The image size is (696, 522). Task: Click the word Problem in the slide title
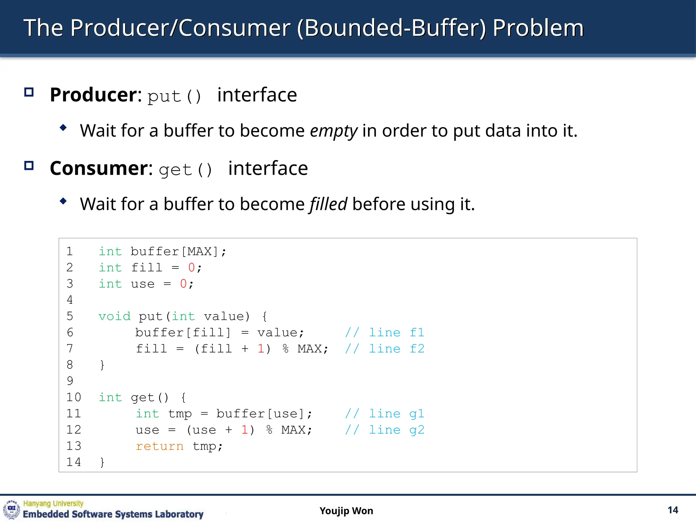click(538, 28)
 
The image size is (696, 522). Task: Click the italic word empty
click(333, 131)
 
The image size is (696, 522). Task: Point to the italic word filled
click(328, 204)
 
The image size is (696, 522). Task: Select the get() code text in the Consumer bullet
click(186, 170)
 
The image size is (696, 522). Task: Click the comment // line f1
click(384, 332)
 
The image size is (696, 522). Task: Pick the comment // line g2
click(384, 430)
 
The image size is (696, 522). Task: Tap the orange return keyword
click(159, 446)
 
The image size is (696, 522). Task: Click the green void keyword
click(114, 316)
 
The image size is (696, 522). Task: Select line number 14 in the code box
click(73, 462)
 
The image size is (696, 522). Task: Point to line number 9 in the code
click(70, 381)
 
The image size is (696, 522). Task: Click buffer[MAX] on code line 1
click(174, 251)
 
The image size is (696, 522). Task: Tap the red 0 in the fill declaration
click(191, 268)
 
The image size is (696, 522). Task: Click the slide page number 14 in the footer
click(673, 510)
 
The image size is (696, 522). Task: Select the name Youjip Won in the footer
click(346, 511)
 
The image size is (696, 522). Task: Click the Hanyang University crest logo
click(12, 509)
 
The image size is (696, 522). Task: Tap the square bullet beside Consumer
click(29, 166)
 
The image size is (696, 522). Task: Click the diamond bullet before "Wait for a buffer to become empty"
click(63, 128)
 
